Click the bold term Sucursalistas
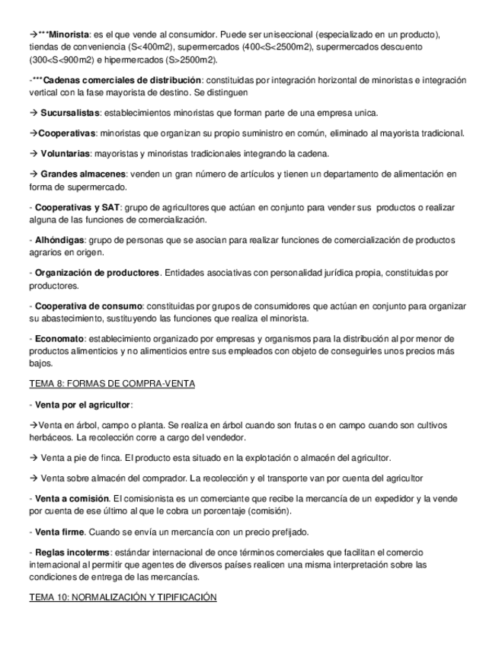[70, 113]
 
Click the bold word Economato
[60, 338]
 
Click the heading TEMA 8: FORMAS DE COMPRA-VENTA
[112, 383]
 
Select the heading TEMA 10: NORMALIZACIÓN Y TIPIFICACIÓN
[123, 598]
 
